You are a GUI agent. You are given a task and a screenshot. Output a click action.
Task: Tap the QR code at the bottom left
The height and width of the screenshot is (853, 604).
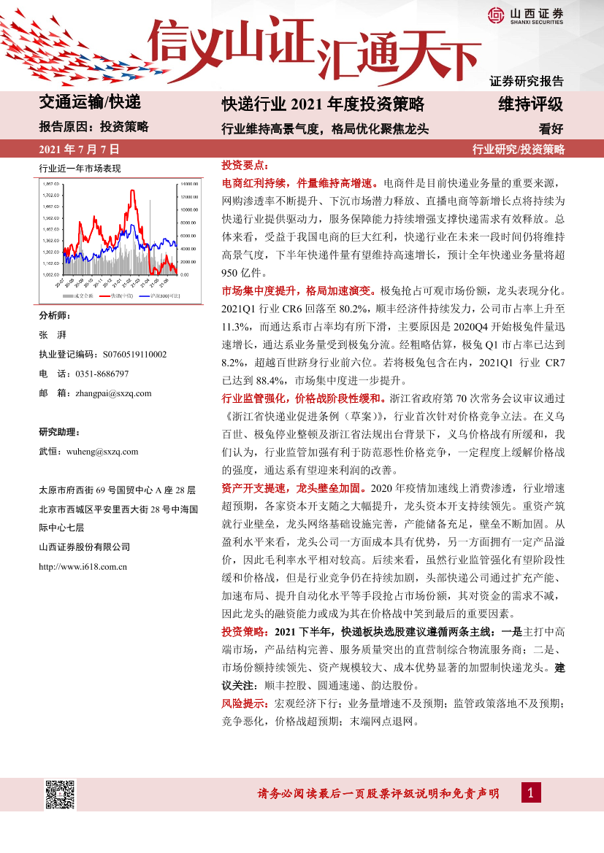click(x=61, y=794)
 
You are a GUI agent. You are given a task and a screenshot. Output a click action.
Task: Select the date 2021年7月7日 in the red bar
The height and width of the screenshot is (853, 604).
click(x=78, y=150)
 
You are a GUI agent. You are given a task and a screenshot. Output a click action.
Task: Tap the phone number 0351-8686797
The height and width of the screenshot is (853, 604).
click(x=102, y=374)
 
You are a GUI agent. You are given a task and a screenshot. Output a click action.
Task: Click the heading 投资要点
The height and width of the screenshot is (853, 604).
click(x=245, y=166)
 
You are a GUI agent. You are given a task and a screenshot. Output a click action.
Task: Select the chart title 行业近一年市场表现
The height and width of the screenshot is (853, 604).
click(x=79, y=169)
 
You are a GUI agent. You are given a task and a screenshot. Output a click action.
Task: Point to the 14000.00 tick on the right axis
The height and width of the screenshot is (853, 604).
click(x=189, y=184)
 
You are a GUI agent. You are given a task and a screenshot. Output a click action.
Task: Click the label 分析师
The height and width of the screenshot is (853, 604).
click(x=55, y=315)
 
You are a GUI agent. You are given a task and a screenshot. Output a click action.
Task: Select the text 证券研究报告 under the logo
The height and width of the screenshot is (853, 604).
click(x=526, y=81)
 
